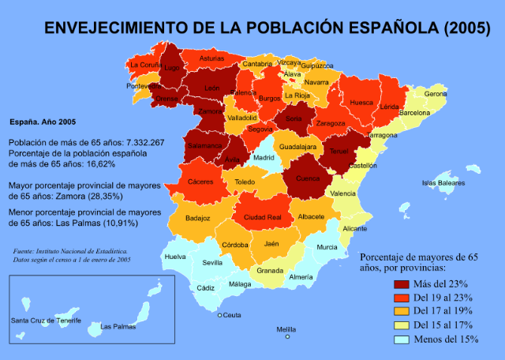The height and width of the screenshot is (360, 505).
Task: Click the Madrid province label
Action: click(263, 158)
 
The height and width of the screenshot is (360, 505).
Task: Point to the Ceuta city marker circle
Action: click(220, 315)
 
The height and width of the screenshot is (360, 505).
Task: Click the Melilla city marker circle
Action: click(288, 336)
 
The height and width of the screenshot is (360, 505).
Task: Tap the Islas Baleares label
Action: click(443, 182)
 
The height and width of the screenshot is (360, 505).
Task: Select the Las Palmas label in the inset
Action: click(116, 325)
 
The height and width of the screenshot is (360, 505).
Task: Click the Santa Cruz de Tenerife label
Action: click(47, 321)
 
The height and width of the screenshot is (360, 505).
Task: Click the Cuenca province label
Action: click(308, 178)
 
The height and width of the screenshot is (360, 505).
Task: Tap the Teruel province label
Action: click(339, 151)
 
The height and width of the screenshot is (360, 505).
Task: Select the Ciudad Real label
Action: click(262, 217)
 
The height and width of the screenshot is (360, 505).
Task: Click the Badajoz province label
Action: click(198, 217)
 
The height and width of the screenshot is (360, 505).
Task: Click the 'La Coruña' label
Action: click(146, 64)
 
